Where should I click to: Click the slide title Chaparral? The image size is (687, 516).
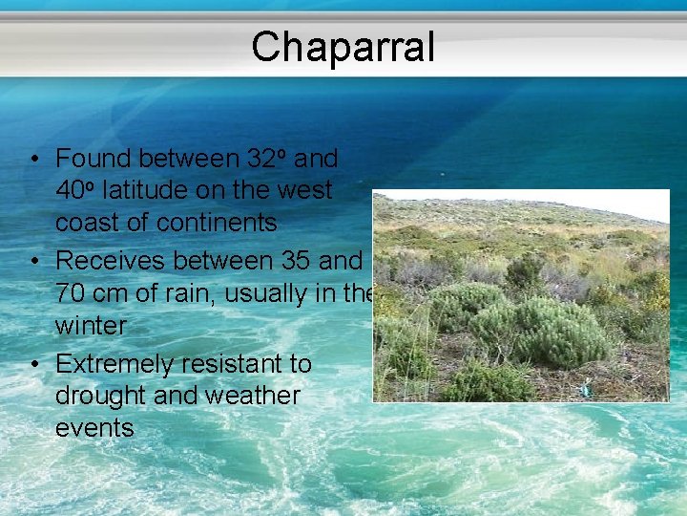[x=343, y=47]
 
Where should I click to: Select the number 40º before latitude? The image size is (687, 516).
[x=75, y=190]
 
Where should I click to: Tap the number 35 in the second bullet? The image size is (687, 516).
[x=299, y=260]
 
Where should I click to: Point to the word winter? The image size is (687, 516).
[x=91, y=325]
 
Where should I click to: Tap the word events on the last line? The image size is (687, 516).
[x=94, y=428]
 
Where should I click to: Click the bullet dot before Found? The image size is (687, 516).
[x=32, y=159]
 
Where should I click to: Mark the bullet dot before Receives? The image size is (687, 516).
[x=32, y=261]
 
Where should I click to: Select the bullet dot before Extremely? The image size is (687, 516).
[x=32, y=364]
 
